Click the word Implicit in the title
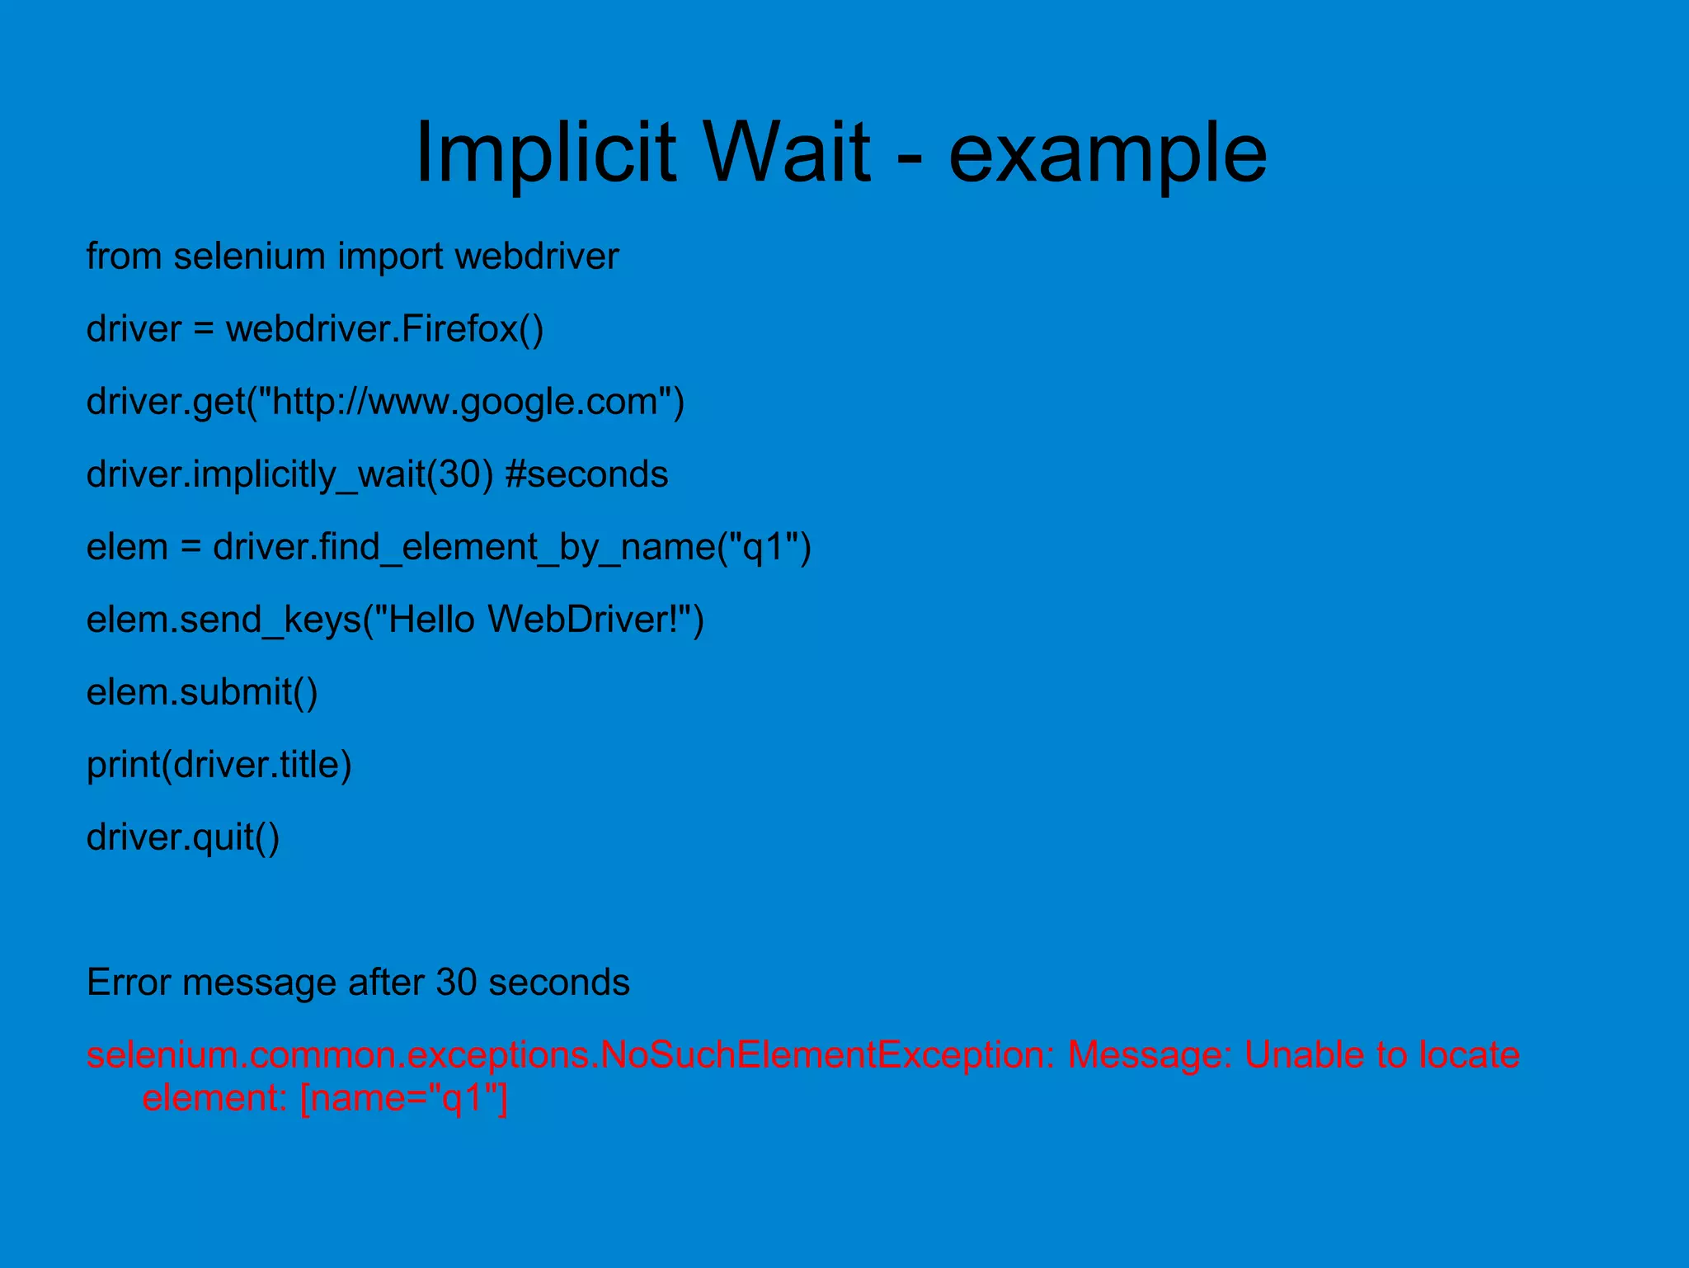tap(545, 153)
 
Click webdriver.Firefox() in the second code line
tap(384, 329)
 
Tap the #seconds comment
tap(586, 474)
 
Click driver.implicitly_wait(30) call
tap(289, 475)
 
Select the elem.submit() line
tap(202, 692)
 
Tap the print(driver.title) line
tap(219, 765)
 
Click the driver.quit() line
tap(183, 837)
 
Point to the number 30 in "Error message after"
tap(456, 983)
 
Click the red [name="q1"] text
tap(404, 1099)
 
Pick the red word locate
tap(1469, 1055)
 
